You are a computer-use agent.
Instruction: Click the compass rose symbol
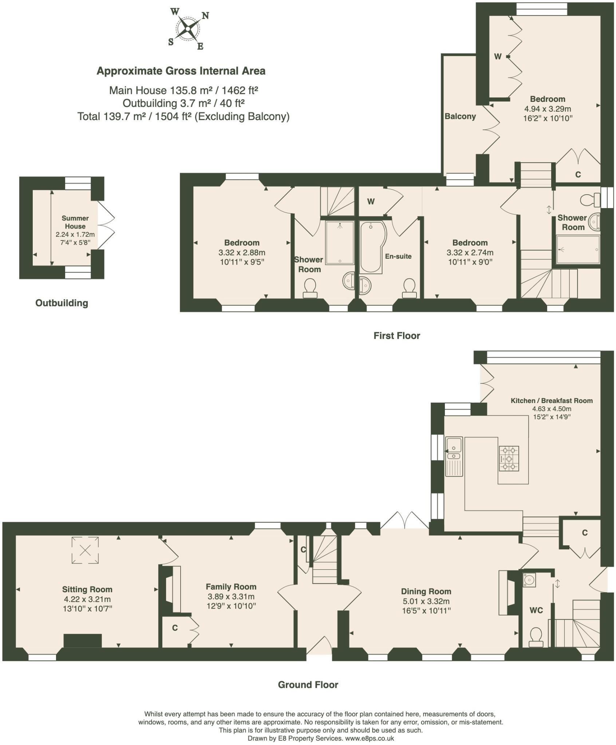tap(188, 28)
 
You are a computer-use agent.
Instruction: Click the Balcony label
tap(460, 116)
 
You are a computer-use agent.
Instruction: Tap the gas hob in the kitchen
tap(509, 459)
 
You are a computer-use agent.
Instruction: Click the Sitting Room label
tap(87, 589)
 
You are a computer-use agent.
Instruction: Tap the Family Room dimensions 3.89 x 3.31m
tap(231, 597)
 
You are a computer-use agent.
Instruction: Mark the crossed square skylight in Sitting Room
tap(85, 551)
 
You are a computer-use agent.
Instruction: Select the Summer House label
tap(75, 222)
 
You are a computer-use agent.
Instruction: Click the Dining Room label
tap(426, 591)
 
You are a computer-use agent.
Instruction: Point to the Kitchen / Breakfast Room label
tap(551, 401)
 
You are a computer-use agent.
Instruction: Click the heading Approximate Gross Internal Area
tap(181, 71)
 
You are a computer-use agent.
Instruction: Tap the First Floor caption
tap(396, 335)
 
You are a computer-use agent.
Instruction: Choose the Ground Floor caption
tap(308, 685)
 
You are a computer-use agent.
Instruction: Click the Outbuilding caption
tap(62, 303)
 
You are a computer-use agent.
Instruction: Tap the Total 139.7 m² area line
tap(183, 116)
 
